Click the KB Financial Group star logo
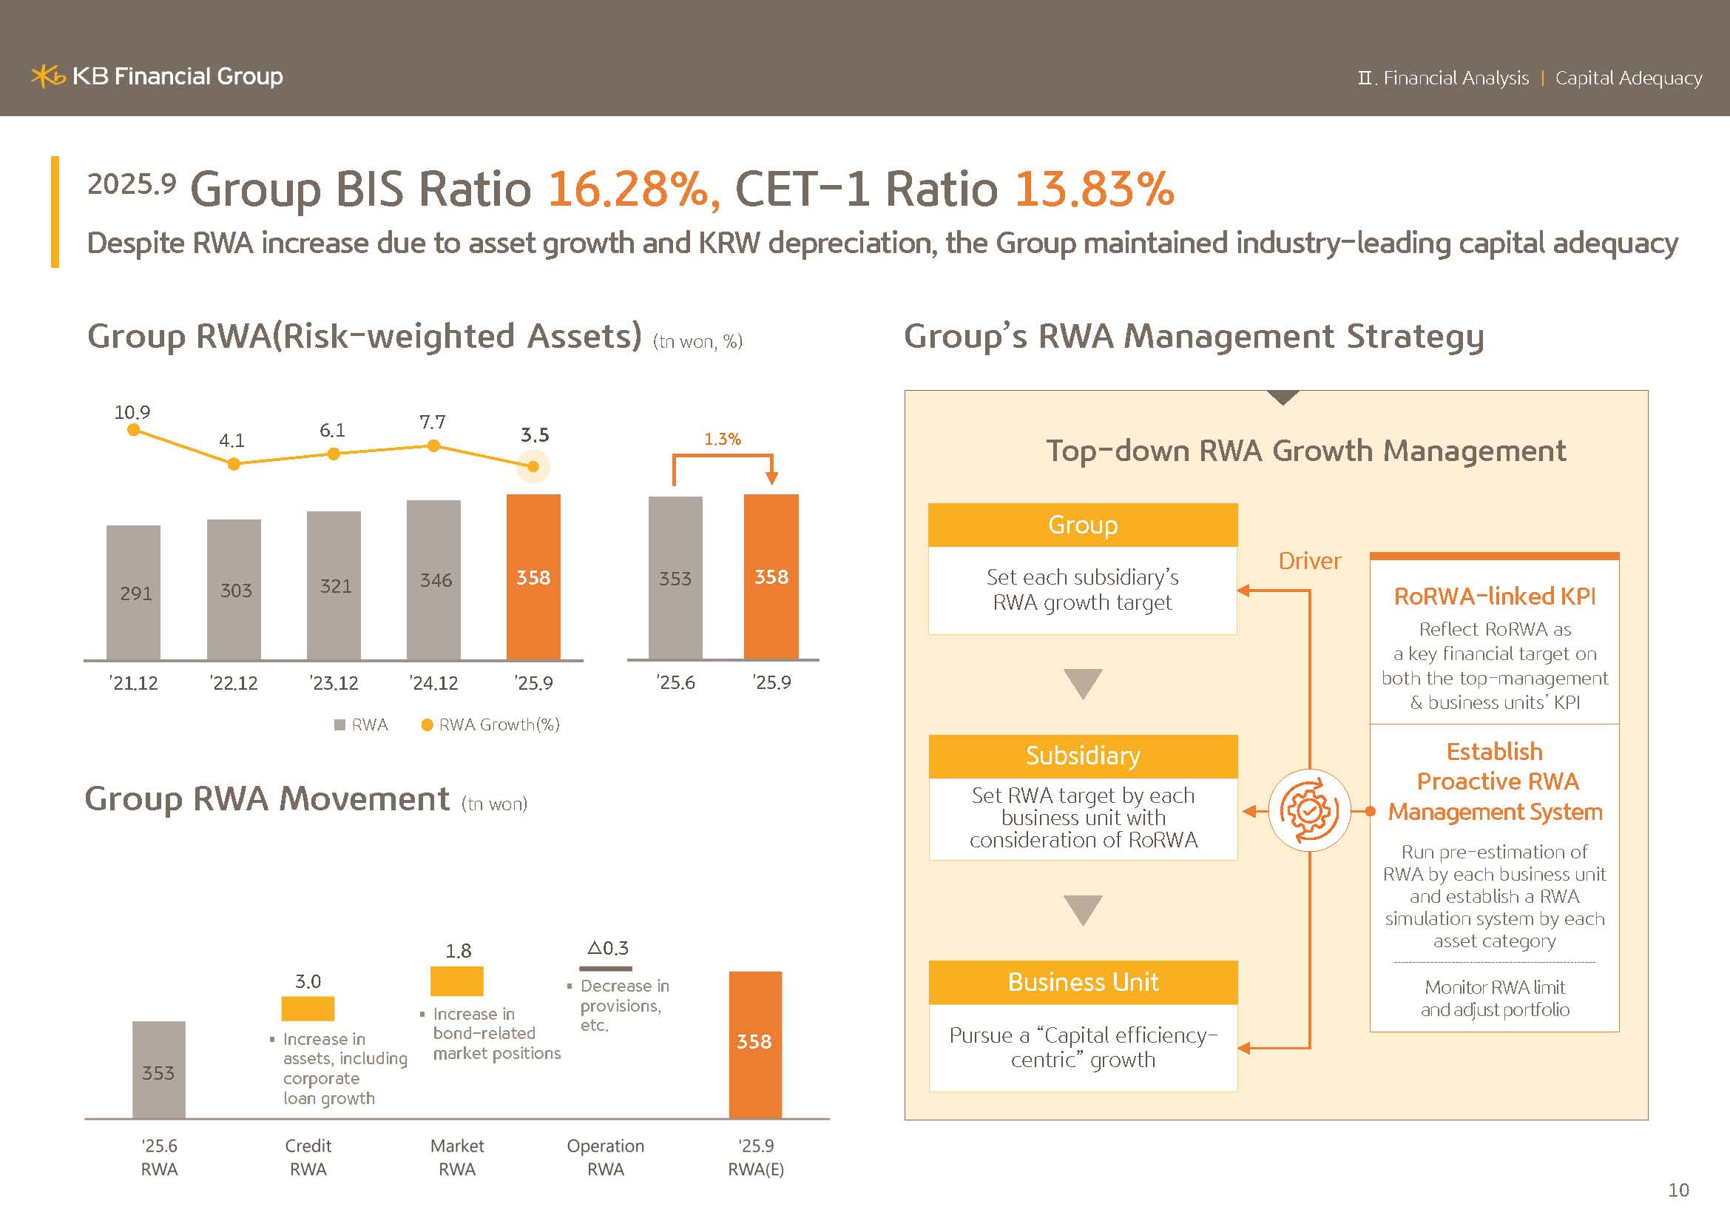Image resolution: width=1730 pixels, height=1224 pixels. (47, 76)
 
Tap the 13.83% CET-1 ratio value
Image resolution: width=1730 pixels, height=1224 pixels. (1094, 189)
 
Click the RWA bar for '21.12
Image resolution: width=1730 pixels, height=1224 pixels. (133, 593)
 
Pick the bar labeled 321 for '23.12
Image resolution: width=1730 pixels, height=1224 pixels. (334, 585)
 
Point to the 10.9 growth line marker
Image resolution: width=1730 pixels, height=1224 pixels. (133, 430)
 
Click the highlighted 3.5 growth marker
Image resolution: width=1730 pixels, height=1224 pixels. (533, 466)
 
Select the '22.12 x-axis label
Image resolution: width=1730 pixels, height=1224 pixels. (234, 683)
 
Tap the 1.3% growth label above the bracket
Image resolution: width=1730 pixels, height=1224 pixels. (723, 439)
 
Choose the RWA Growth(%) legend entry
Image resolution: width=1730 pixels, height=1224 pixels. (490, 724)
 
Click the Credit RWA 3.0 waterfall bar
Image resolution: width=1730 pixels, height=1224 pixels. (308, 1009)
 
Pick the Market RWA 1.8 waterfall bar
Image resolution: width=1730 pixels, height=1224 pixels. (456, 981)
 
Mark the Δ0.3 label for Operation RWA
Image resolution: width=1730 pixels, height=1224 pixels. (607, 948)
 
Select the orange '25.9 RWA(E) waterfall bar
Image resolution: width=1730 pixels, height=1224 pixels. (755, 1044)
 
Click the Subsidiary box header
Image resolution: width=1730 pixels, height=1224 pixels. (1083, 756)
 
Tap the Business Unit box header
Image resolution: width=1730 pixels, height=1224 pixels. (1083, 982)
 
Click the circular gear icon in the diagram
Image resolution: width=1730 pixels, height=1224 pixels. (1310, 811)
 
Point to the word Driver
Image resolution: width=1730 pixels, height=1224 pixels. (1310, 561)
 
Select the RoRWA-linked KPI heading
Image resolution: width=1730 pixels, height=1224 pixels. (1494, 596)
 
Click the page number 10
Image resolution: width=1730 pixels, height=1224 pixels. (1678, 1190)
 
